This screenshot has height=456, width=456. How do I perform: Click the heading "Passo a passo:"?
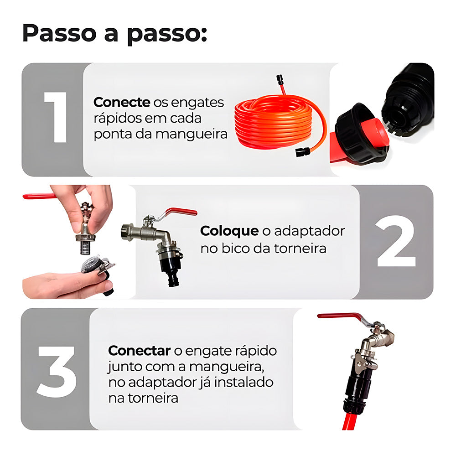114,34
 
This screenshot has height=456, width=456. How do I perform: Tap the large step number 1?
56,118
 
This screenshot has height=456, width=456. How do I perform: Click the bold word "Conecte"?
121,103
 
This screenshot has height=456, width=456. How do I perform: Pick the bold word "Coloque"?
229,231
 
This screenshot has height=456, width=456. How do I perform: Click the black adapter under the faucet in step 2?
171,267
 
